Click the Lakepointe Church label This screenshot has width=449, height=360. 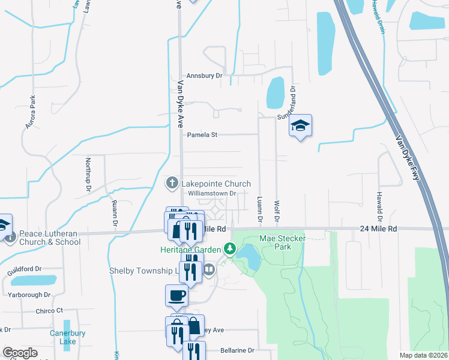pos(216,183)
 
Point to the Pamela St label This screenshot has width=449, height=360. pos(202,135)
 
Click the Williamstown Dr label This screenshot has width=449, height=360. pos(213,194)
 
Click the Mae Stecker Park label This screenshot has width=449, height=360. pos(283,242)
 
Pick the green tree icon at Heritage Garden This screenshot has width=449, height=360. pos(229,248)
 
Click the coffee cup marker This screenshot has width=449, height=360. pos(176,295)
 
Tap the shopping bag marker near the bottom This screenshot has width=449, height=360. pos(194,326)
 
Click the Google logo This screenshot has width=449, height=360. pos(20,353)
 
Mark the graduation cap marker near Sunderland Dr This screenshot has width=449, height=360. pos(300,126)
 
